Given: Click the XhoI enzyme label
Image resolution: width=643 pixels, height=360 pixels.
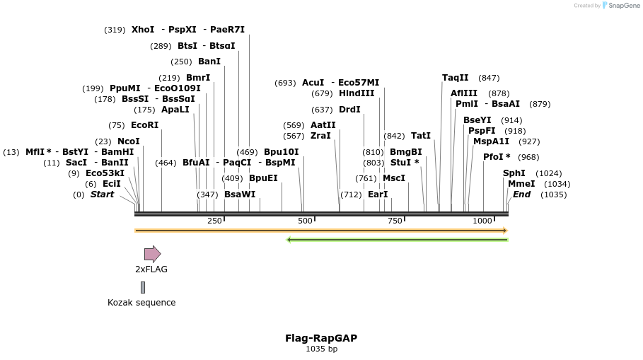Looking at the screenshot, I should (143, 30).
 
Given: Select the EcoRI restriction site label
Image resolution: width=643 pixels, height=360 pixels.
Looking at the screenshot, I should (144, 125).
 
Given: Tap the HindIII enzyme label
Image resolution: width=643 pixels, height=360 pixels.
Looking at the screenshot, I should (357, 93).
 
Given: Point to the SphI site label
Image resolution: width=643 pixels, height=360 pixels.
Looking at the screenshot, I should (514, 173).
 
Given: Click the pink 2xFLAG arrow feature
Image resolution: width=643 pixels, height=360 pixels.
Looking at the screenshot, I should (152, 254).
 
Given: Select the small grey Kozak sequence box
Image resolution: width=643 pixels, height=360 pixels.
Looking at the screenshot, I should (143, 287).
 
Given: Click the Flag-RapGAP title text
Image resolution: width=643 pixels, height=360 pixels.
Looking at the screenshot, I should (321, 338).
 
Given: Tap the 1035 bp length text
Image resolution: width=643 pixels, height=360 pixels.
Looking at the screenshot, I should (321, 349).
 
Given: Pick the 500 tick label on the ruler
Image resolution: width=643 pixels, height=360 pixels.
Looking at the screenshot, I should (305, 221).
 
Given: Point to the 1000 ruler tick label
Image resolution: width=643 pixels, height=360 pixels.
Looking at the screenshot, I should (482, 221).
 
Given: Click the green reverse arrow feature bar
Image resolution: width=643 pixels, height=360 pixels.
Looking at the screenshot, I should (397, 240).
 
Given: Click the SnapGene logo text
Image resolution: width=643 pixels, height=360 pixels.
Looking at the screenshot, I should (623, 6).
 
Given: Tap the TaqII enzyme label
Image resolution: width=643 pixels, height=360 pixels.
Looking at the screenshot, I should (455, 78).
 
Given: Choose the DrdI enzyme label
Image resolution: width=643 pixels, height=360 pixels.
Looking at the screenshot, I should (349, 110).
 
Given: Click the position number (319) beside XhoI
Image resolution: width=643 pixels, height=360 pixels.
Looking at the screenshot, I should (115, 30).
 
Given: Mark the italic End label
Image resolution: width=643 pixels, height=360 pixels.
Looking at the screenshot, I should (521, 194).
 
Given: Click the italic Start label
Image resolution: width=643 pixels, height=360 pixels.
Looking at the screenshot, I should (102, 194).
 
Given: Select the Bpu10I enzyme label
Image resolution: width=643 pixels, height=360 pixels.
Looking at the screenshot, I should (281, 152).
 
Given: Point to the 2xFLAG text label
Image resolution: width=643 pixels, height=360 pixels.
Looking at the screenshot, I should (151, 269).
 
